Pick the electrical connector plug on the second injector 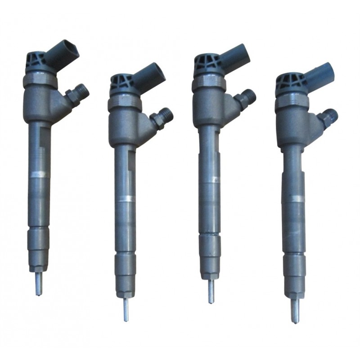149,76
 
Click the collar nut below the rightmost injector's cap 292,103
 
